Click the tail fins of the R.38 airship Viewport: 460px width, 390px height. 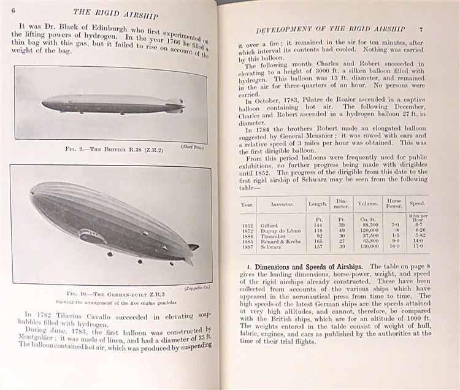177,105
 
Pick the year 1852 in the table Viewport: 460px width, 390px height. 247,225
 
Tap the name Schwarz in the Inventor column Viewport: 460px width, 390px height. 274,248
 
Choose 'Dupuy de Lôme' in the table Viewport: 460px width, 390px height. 283,231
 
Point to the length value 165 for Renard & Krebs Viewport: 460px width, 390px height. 317,242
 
